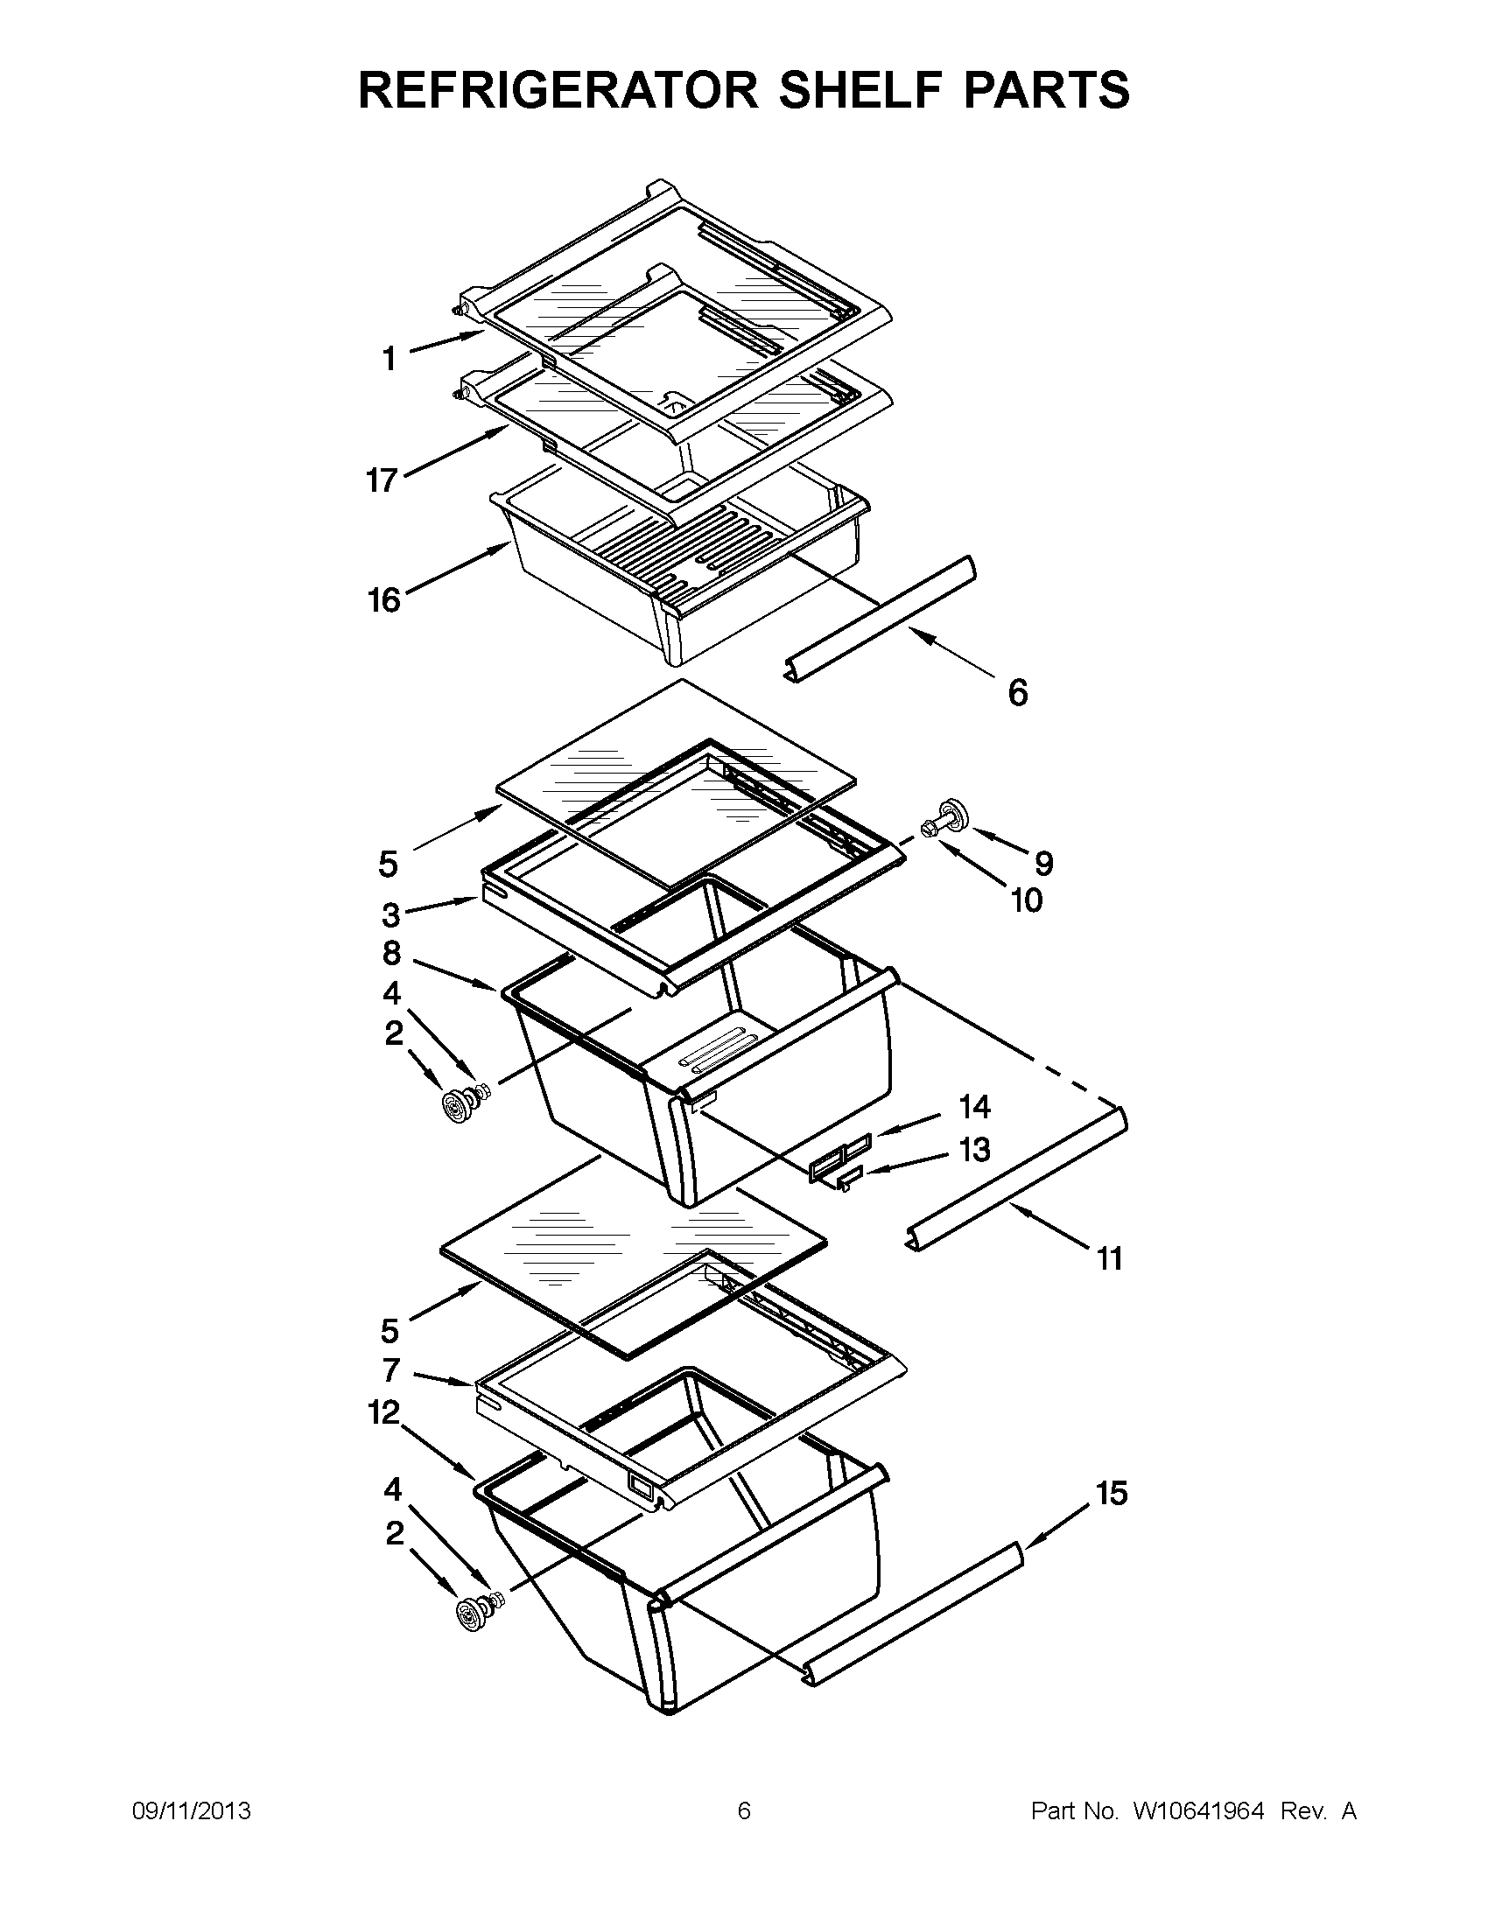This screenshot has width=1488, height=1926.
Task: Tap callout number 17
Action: click(382, 480)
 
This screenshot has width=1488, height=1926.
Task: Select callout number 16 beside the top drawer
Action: click(383, 600)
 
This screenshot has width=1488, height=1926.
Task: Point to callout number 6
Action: click(1017, 693)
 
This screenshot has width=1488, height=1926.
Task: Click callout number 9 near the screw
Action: click(1043, 863)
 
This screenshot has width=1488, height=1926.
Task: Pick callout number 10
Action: click(1027, 900)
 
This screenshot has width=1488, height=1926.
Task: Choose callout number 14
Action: click(975, 1106)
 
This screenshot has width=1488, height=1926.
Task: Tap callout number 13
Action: click(975, 1150)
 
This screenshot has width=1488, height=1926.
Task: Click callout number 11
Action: click(1110, 1258)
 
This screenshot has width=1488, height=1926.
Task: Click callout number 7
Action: click(391, 1369)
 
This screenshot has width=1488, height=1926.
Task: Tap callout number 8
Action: click(391, 953)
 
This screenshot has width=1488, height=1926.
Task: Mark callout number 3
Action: click(390, 915)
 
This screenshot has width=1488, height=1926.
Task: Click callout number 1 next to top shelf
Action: click(388, 359)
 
